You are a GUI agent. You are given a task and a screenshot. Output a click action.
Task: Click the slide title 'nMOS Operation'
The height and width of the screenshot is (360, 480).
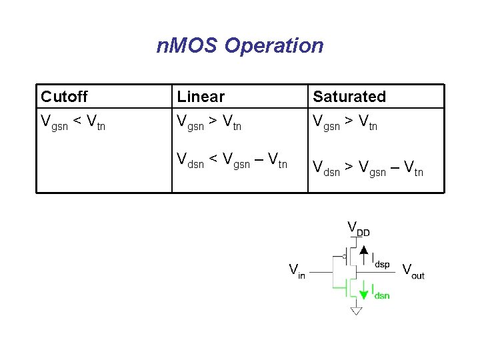[239, 45]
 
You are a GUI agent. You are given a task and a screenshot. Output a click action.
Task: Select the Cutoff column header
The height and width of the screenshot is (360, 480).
[64, 97]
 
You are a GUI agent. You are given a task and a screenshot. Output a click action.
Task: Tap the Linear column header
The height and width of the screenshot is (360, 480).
[201, 97]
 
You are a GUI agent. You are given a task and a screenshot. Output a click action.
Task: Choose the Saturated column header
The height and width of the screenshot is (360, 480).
[349, 97]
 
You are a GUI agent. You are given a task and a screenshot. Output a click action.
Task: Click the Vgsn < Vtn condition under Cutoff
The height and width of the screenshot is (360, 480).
[73, 122]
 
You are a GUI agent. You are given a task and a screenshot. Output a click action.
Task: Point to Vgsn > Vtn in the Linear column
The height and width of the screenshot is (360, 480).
[209, 122]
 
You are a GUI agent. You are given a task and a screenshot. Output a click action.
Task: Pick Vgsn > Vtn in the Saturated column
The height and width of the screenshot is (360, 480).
[345, 122]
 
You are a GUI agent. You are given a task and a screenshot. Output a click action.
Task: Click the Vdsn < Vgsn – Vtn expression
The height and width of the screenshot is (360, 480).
[232, 161]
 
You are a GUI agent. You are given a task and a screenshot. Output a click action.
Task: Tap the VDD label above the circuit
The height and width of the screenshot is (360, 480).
[358, 229]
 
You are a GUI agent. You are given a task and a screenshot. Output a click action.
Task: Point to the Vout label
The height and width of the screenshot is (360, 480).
[413, 271]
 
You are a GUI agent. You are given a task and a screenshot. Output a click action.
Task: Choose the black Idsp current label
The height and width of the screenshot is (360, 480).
[380, 260]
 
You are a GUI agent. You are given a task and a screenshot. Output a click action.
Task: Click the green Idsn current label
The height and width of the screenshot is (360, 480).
[380, 291]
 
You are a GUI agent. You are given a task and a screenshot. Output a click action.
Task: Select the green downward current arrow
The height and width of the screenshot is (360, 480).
[363, 290]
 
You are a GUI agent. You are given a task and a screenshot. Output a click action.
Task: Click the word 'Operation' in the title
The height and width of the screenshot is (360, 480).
[274, 45]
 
